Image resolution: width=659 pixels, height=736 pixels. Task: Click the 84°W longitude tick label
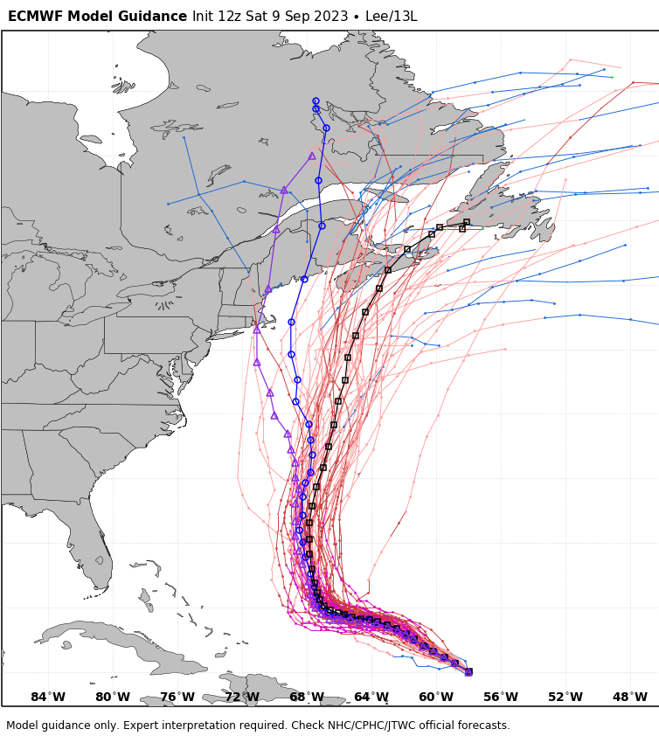[x=48, y=697]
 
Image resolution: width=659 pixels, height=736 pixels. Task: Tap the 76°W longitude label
[x=177, y=697]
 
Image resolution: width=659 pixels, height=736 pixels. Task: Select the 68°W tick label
[x=307, y=697]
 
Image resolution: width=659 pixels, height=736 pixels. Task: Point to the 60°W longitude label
[x=436, y=697]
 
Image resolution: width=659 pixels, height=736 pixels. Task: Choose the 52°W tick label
[x=565, y=697]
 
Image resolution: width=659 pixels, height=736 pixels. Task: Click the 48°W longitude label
[x=630, y=697]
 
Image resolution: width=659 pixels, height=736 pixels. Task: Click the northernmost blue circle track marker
[x=316, y=101]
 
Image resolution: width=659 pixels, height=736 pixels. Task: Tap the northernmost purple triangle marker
[x=311, y=156]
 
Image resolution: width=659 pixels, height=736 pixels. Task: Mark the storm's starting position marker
[x=468, y=671]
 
